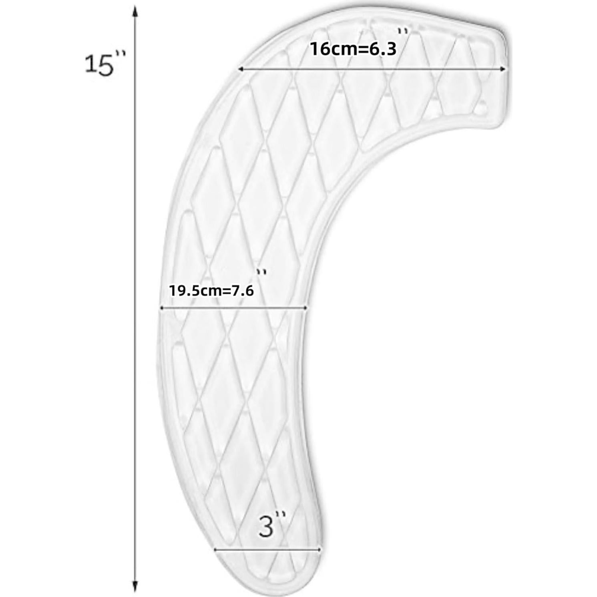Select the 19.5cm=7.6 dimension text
211,290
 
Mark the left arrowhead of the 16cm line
240,69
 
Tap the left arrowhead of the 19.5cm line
162,308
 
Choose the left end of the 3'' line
215,550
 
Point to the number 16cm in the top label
326,49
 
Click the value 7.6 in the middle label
243,290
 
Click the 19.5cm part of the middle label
194,290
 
